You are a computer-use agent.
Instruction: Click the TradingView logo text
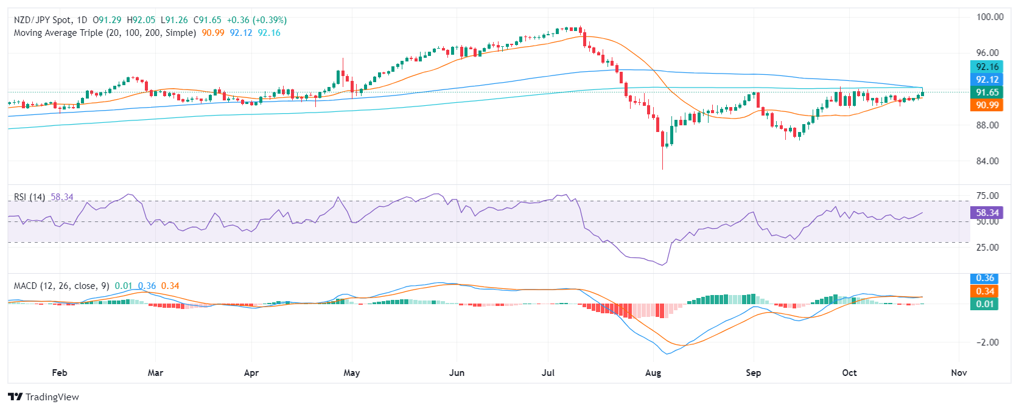tap(52, 397)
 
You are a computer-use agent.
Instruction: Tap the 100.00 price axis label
tap(990, 17)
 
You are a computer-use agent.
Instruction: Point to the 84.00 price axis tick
tap(987, 161)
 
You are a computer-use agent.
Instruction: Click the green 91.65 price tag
tap(987, 92)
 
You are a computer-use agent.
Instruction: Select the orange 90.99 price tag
tap(987, 105)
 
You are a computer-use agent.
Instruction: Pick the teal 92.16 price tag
tap(987, 67)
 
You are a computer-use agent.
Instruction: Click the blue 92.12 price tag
tap(987, 80)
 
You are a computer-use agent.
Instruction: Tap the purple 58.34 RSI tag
tap(987, 213)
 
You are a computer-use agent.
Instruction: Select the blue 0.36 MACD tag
tap(985, 278)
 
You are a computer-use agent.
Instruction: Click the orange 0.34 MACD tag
tap(985, 291)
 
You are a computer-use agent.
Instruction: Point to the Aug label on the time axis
tap(653, 373)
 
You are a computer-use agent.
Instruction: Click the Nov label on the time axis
tap(959, 373)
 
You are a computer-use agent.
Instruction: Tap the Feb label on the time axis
tap(60, 373)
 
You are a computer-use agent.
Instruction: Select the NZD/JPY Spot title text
tap(43, 20)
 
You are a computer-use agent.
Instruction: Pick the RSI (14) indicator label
tap(29, 197)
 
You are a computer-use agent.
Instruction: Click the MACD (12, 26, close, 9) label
tap(61, 286)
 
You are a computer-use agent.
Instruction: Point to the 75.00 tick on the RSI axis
tap(987, 196)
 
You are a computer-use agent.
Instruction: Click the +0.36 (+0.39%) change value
tap(256, 20)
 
